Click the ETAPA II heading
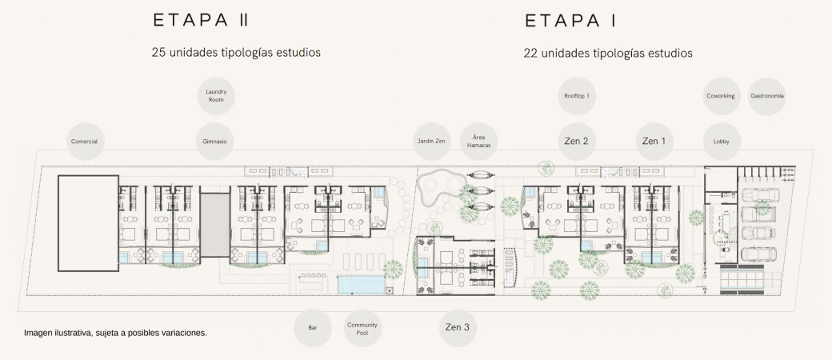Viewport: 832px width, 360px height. pyautogui.click(x=201, y=20)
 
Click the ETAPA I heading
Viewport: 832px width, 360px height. pyautogui.click(x=570, y=21)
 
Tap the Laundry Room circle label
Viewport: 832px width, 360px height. pyautogui.click(x=215, y=96)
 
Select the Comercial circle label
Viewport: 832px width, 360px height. pyautogui.click(x=86, y=142)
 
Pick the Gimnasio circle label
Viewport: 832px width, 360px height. pyautogui.click(x=215, y=142)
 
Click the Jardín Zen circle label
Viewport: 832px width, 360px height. pyautogui.click(x=432, y=142)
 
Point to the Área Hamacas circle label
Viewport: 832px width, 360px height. pyautogui.click(x=478, y=142)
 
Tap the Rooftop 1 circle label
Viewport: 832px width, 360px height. pyautogui.click(x=577, y=96)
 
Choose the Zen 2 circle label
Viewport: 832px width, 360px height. pyautogui.click(x=577, y=142)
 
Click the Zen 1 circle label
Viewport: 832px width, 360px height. pyautogui.click(x=654, y=142)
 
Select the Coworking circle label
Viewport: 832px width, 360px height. pyautogui.click(x=721, y=96)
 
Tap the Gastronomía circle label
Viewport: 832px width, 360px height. pyautogui.click(x=766, y=96)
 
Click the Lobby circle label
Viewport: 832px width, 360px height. pyautogui.click(x=721, y=142)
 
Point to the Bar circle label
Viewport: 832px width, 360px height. pyautogui.click(x=313, y=328)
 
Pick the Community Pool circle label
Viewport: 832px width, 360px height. pyautogui.click(x=358, y=328)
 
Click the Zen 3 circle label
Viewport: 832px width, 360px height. pyautogui.click(x=458, y=328)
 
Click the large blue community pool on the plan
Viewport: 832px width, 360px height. pyautogui.click(x=360, y=285)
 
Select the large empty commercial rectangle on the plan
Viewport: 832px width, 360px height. pyautogui.click(x=88, y=223)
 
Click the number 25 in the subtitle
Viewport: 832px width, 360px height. pyautogui.click(x=158, y=53)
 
